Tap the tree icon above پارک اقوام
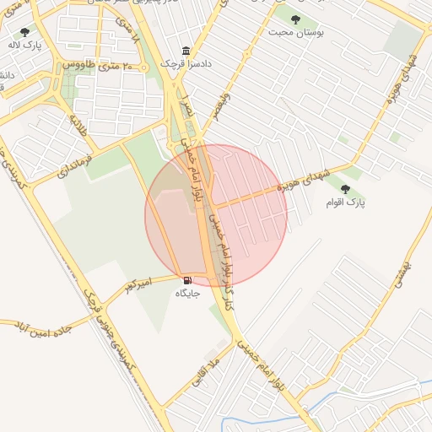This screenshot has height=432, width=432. click(x=345, y=189)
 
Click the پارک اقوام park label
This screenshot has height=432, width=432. click(x=346, y=203)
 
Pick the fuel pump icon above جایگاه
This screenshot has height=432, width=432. click(x=186, y=279)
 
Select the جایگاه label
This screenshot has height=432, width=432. click(x=186, y=293)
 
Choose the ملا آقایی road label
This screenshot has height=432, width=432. click(x=205, y=371)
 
